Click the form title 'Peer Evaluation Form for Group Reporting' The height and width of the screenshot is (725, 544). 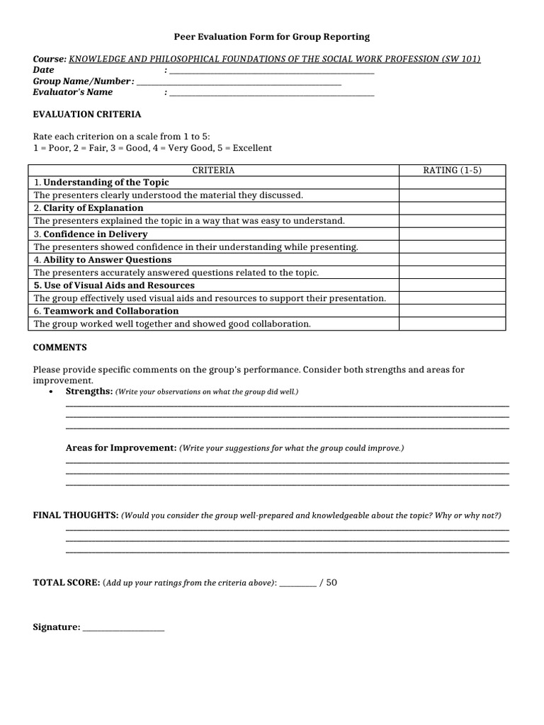(x=272, y=36)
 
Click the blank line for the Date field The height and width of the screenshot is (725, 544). (x=272, y=72)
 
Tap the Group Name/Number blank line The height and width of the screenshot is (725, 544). (x=239, y=83)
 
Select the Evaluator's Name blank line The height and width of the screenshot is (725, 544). (x=272, y=93)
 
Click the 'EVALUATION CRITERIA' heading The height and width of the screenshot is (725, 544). (x=87, y=114)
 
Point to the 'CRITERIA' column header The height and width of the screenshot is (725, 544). (x=213, y=171)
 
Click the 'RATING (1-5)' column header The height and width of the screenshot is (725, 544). (x=452, y=171)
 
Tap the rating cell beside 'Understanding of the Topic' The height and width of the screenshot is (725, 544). (x=452, y=183)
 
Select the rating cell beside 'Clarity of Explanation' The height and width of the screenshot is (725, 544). (x=452, y=208)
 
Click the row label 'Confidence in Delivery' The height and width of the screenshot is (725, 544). (x=95, y=234)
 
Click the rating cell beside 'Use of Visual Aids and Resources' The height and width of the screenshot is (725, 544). (x=452, y=285)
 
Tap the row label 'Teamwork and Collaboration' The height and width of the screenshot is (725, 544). (x=110, y=311)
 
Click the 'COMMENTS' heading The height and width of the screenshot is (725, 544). (x=60, y=348)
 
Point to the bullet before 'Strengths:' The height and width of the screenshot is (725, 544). (x=51, y=392)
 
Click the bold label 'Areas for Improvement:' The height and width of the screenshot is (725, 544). (x=120, y=448)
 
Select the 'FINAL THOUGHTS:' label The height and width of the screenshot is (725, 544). (x=76, y=515)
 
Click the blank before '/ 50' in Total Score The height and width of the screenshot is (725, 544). (x=297, y=584)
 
